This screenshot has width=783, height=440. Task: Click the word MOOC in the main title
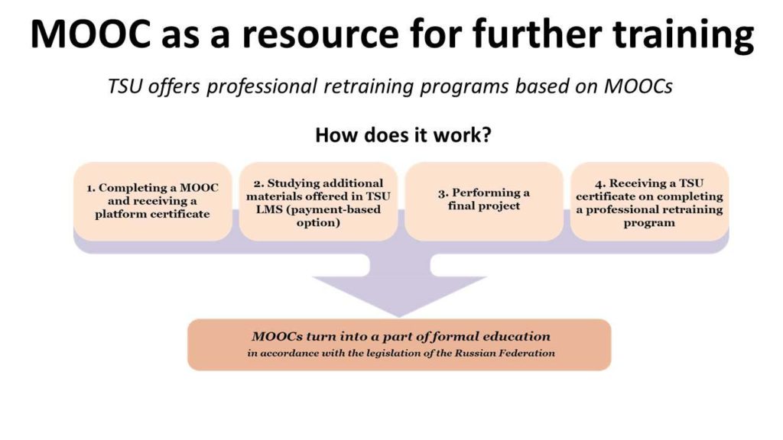point(90,34)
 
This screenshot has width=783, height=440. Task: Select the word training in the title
point(683,35)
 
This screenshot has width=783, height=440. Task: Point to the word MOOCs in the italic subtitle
point(638,86)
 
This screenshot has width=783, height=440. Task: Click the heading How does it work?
point(404,134)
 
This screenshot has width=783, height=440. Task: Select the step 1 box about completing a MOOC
point(153,201)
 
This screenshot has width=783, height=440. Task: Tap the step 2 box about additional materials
point(318,201)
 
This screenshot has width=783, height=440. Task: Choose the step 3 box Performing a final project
point(484,201)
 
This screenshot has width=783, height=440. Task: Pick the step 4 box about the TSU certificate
point(650,201)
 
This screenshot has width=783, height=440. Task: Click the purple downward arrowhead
point(399,296)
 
